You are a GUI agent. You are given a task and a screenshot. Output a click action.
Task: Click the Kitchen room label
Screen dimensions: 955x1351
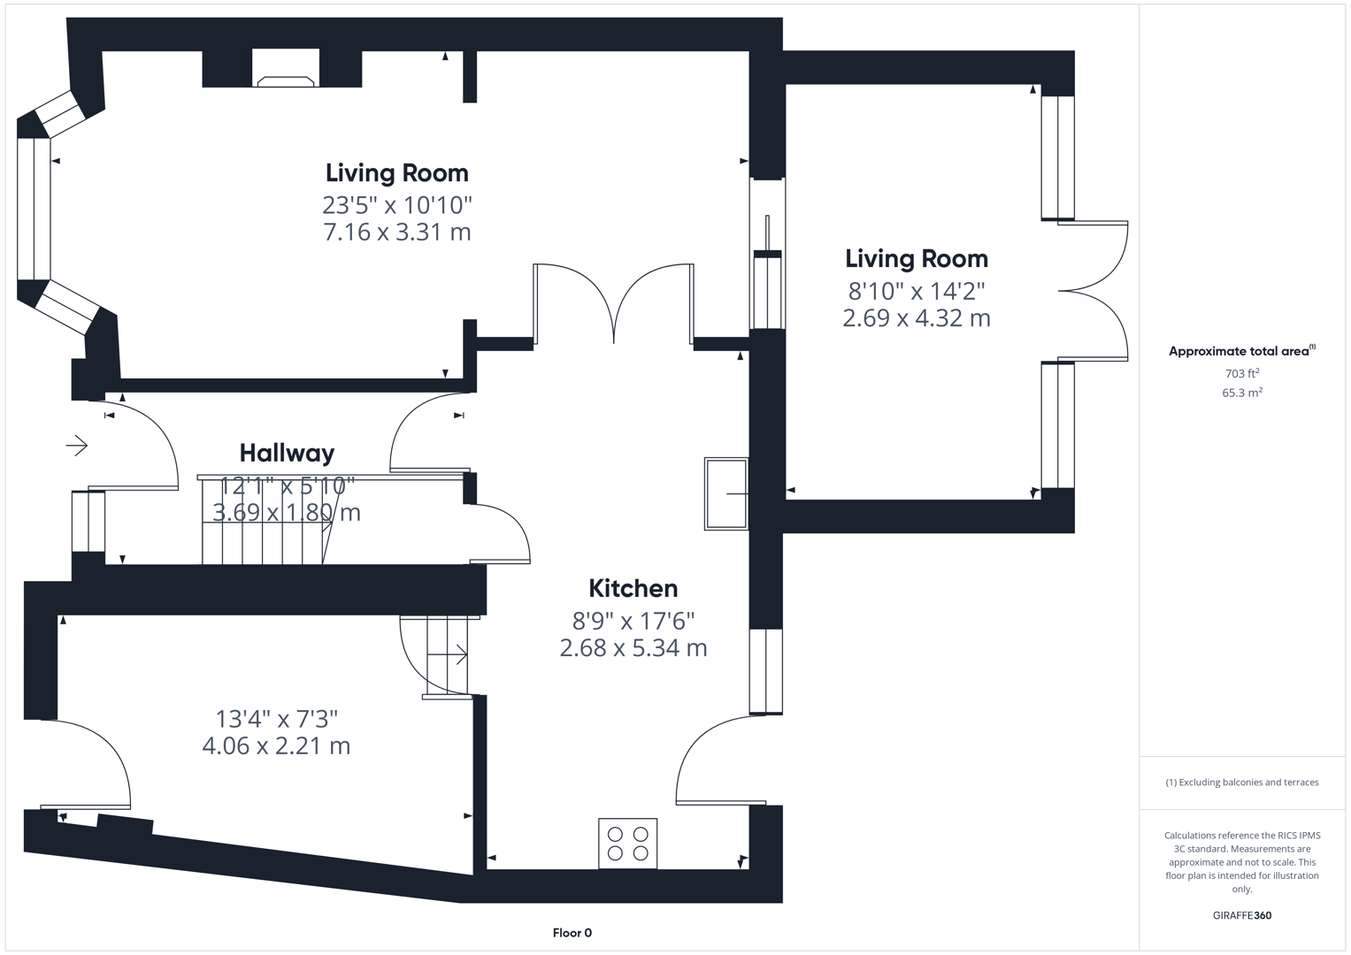click(633, 589)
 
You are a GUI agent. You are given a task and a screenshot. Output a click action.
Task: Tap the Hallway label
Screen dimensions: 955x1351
click(287, 454)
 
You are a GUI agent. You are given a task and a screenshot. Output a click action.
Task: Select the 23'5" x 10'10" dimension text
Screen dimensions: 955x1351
click(396, 205)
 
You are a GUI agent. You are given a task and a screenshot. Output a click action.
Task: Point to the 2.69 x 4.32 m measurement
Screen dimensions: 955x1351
click(916, 318)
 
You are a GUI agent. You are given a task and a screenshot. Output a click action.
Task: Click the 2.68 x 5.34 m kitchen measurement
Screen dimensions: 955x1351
click(633, 648)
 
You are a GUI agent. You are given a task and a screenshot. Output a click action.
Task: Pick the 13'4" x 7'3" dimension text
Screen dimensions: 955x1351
click(276, 719)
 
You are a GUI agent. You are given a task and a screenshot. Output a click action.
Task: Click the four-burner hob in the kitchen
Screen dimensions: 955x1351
click(627, 844)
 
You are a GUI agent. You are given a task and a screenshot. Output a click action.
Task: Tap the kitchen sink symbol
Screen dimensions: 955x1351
click(726, 494)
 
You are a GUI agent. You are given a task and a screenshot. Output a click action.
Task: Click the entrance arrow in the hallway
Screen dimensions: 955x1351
click(77, 445)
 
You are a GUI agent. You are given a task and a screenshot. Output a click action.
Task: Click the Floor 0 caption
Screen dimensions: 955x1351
click(572, 933)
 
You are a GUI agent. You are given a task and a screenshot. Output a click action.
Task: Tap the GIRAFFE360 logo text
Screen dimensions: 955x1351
click(1241, 915)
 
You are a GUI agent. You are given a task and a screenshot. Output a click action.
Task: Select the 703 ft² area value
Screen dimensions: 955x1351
click(1241, 374)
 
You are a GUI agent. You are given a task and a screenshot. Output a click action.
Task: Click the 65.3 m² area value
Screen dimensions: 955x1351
click(1241, 393)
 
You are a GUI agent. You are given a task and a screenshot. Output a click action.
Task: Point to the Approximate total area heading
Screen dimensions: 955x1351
click(1240, 351)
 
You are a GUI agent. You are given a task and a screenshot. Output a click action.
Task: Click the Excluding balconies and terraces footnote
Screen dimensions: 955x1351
click(1241, 783)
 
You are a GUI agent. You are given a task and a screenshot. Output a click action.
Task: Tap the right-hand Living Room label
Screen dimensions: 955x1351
click(916, 259)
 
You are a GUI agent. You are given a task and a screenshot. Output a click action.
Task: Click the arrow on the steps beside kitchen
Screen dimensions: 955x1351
click(458, 655)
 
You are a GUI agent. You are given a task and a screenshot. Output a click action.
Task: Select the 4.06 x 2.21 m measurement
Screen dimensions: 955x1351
click(276, 746)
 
